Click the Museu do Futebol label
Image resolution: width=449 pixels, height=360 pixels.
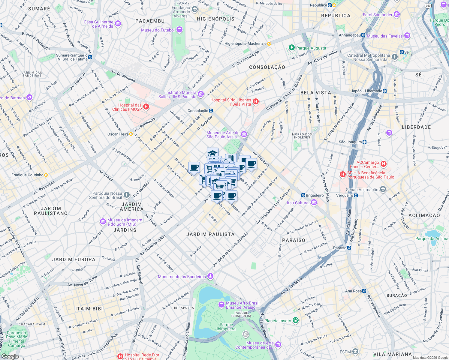click(x=158, y=30)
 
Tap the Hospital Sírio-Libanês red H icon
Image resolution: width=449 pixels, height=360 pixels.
click(x=256, y=102)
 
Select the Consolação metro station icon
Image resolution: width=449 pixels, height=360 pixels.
click(x=211, y=111)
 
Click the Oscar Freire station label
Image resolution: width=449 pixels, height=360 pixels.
click(x=118, y=134)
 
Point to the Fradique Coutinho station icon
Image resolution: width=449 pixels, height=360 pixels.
click(x=46, y=175)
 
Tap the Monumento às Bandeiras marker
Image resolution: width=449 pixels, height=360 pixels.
click(x=210, y=276)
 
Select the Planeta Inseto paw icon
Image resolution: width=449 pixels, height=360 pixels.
click(x=296, y=320)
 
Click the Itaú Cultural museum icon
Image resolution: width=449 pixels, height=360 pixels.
click(x=314, y=203)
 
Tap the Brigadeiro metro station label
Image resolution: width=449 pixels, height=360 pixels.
click(x=315, y=195)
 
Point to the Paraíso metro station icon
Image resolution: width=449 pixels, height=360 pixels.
click(x=349, y=248)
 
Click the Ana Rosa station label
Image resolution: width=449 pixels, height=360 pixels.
click(x=353, y=291)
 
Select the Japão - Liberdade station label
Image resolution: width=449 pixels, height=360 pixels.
click(x=366, y=91)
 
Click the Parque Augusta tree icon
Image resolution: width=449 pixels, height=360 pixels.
click(x=291, y=48)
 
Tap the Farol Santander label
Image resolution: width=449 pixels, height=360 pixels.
click(x=378, y=15)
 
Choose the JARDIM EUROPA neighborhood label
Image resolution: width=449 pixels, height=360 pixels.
click(x=74, y=259)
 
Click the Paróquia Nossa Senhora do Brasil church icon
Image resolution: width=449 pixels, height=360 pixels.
click(x=127, y=195)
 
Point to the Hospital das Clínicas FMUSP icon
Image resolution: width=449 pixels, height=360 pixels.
click(x=146, y=107)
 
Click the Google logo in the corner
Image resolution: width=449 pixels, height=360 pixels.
click(x=10, y=356)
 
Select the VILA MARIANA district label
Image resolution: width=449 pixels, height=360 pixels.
click(x=393, y=354)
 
